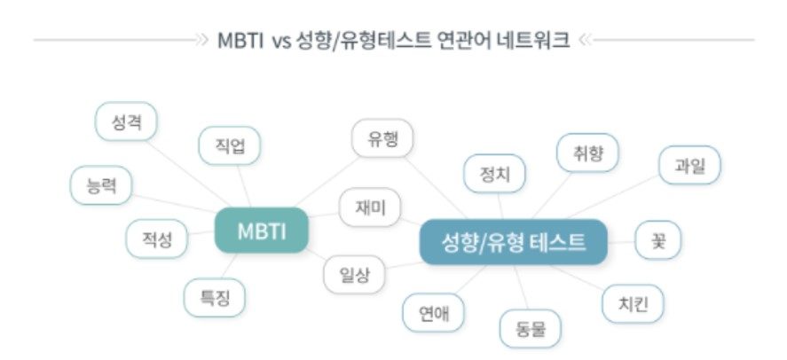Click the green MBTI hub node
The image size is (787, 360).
point(262,231)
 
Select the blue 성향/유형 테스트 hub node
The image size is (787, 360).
point(513,242)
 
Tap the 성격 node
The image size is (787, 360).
point(126,121)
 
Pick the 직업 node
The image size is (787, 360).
point(230,145)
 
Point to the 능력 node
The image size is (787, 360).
point(101,185)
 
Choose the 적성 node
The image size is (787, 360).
point(156,239)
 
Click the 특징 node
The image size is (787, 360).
point(215,298)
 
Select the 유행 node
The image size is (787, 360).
point(382,138)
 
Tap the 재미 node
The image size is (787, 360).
point(370,207)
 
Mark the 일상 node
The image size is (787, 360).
point(354,274)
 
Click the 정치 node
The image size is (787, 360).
point(494,174)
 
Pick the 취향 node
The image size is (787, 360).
point(587,153)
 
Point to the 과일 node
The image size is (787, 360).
point(689,165)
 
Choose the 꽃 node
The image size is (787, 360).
point(658,239)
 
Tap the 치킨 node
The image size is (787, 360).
point(633,303)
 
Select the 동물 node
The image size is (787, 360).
point(531,328)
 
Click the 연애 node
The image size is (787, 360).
point(434,313)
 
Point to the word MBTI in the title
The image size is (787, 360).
point(240,40)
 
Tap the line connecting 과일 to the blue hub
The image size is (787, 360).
point(612,197)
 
